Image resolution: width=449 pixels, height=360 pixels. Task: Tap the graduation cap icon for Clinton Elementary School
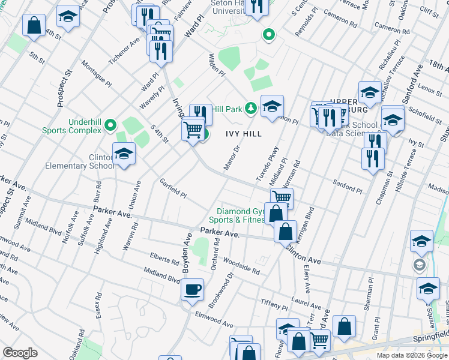pos(124,154)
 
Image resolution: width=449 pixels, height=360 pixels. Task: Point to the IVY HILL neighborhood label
pos(244,134)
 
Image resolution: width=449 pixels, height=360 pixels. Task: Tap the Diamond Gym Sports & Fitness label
pos(241,215)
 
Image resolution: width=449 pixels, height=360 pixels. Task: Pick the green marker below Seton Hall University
pos(268,36)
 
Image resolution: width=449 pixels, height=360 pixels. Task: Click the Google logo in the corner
pos(20,352)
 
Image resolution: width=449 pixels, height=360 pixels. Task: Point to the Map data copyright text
pos(412,355)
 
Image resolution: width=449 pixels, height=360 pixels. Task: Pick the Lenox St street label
pos(430,89)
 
